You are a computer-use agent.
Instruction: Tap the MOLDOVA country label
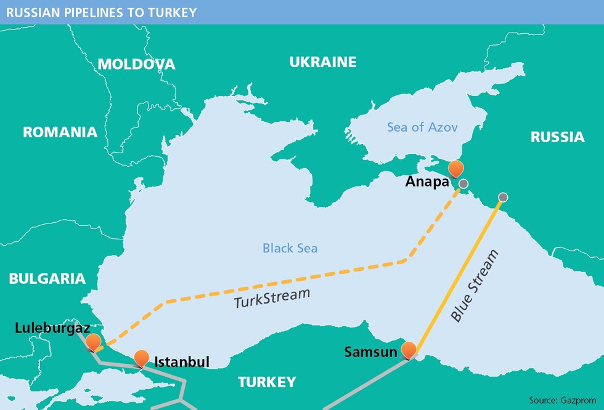pyautogui.click(x=136, y=64)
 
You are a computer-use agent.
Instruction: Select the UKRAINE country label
pyautogui.click(x=323, y=62)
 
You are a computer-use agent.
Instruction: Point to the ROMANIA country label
pyautogui.click(x=60, y=132)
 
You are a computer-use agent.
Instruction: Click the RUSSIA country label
pyautogui.click(x=557, y=137)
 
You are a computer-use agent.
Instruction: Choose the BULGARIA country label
pyautogui.click(x=47, y=278)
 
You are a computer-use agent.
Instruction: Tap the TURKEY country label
pyautogui.click(x=267, y=382)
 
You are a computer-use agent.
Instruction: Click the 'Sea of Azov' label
pyautogui.click(x=422, y=127)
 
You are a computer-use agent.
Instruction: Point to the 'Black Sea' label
pyautogui.click(x=290, y=248)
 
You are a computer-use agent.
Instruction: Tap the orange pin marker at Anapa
pyautogui.click(x=455, y=169)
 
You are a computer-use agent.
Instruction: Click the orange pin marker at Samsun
pyautogui.click(x=409, y=350)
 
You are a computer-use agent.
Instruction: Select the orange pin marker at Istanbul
pyautogui.click(x=141, y=358)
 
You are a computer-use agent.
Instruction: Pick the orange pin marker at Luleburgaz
pyautogui.click(x=93, y=342)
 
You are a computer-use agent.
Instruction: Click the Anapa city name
pyautogui.click(x=427, y=182)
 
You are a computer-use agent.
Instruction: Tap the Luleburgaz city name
pyautogui.click(x=47, y=328)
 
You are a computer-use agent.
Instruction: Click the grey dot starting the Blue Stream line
pyautogui.click(x=503, y=197)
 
